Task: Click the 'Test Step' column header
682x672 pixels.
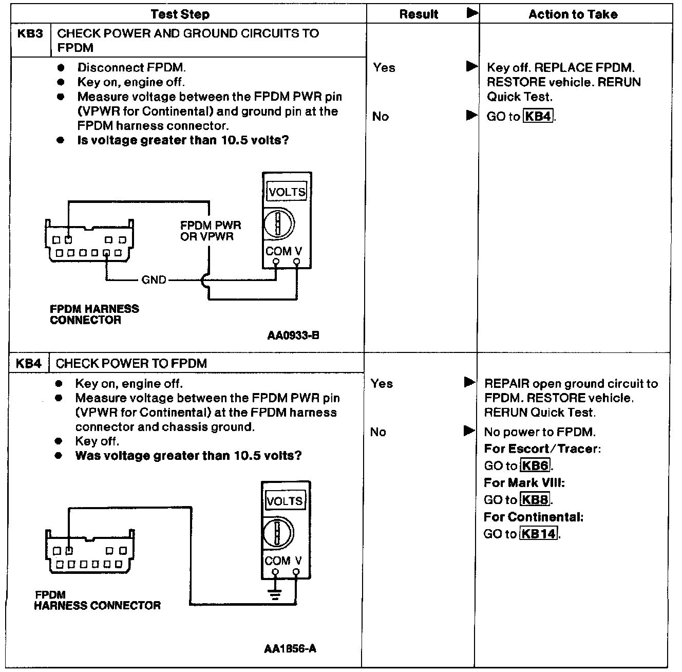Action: click(x=180, y=14)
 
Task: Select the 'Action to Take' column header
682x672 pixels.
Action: click(x=573, y=14)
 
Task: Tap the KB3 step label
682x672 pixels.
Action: click(x=30, y=34)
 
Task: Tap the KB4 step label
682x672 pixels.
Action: click(x=28, y=363)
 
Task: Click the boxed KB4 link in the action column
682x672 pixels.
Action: click(x=538, y=117)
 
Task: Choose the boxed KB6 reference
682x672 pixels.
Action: click(x=536, y=466)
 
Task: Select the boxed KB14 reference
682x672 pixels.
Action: click(x=539, y=534)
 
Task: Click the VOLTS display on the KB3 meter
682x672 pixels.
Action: click(x=287, y=192)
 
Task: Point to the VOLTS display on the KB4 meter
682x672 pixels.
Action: click(x=285, y=501)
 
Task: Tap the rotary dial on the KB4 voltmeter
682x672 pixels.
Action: click(x=277, y=532)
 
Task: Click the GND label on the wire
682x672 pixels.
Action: click(x=154, y=280)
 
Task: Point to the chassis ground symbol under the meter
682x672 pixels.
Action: click(x=276, y=595)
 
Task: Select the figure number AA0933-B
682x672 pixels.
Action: click(x=293, y=335)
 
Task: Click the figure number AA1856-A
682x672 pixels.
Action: click(x=290, y=648)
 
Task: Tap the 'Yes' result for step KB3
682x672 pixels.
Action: click(x=384, y=68)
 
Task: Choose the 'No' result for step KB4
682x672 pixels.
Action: click(x=378, y=432)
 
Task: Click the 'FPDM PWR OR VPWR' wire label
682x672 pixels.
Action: click(x=211, y=231)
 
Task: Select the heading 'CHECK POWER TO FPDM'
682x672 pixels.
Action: click(x=131, y=363)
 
